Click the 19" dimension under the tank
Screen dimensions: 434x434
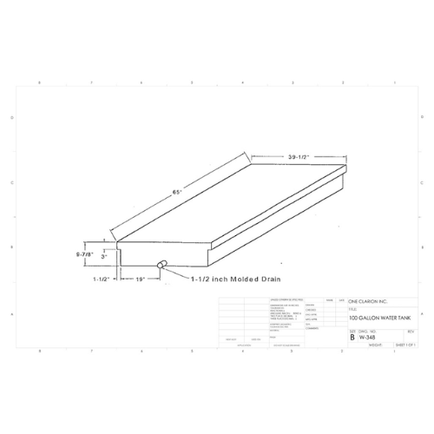[141, 280]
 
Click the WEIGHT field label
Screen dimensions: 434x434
[376, 345]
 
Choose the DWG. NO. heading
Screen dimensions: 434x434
[369, 330]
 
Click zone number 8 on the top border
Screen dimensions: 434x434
[40, 82]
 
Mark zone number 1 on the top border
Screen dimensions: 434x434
[394, 82]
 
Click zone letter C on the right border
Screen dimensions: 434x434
[423, 183]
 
